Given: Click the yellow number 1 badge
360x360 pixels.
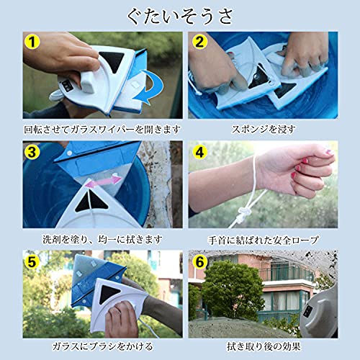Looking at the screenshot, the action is pyautogui.click(x=32, y=42).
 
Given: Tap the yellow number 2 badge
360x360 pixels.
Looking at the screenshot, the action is pyautogui.click(x=199, y=42).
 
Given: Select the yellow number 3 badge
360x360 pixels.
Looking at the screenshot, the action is pyautogui.click(x=32, y=152).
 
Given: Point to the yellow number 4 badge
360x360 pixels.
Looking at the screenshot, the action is pyautogui.click(x=200, y=152).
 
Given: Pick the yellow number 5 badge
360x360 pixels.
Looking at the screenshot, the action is pyautogui.click(x=32, y=261).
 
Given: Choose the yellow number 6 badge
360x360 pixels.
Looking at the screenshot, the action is pyautogui.click(x=200, y=261).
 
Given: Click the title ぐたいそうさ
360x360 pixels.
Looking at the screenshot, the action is pyautogui.click(x=180, y=17).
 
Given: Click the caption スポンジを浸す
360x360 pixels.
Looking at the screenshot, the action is pyautogui.click(x=264, y=130).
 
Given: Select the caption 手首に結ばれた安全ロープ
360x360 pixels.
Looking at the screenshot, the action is pyautogui.click(x=264, y=240).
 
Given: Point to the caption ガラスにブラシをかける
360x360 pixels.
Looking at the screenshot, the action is pyautogui.click(x=103, y=346).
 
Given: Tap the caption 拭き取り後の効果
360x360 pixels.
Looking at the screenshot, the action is pyautogui.click(x=264, y=346).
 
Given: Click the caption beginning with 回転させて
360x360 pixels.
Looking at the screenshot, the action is pyautogui.click(x=102, y=130).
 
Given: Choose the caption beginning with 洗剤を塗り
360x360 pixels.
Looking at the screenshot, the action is pyautogui.click(x=103, y=240).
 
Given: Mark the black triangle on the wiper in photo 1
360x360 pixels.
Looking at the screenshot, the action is pyautogui.click(x=112, y=61).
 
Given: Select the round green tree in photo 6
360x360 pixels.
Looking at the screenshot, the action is pyautogui.click(x=232, y=290).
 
